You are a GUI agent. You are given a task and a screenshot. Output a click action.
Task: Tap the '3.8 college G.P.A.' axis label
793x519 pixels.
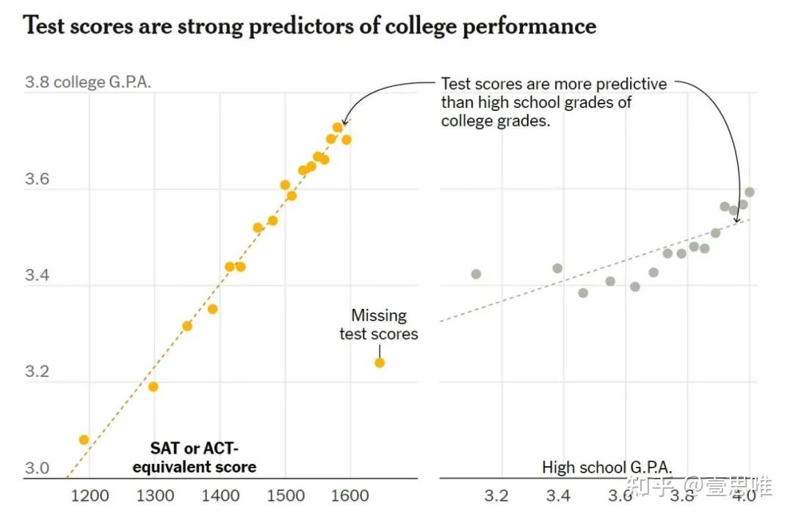(x=88, y=82)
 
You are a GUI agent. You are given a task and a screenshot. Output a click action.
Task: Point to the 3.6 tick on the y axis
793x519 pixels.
(x=37, y=179)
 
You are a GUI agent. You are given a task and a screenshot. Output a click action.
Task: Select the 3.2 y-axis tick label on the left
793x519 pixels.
(x=37, y=372)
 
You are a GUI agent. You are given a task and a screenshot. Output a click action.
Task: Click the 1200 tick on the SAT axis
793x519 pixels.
(x=90, y=495)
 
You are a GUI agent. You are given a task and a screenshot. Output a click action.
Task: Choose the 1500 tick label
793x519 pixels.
(x=285, y=495)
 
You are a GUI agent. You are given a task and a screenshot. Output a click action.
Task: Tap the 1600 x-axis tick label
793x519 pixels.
(x=350, y=495)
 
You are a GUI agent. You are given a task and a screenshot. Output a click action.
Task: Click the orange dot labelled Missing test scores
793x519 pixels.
(x=380, y=362)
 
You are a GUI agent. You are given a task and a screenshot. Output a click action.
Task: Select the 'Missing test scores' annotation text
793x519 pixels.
(x=379, y=325)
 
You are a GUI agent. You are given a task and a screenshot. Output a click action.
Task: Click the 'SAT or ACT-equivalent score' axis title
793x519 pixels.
(x=194, y=458)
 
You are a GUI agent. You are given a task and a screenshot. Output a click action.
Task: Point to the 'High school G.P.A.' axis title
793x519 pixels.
(x=607, y=467)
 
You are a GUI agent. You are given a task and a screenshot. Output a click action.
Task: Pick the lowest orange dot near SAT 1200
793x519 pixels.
(x=84, y=440)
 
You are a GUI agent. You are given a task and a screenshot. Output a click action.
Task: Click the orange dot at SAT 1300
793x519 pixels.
(x=153, y=387)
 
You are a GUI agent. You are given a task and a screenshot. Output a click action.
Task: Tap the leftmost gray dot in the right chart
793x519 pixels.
(x=476, y=274)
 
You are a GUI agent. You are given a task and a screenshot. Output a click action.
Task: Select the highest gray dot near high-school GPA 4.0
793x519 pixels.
(x=750, y=192)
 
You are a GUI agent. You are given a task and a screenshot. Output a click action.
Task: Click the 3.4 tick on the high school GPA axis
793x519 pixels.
(x=558, y=495)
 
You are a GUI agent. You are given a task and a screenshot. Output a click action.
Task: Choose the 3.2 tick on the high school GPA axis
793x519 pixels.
(x=496, y=495)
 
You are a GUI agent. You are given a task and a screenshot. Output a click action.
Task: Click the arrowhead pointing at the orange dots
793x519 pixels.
(x=344, y=122)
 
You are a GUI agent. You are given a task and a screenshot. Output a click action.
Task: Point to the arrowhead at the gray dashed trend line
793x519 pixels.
(x=737, y=219)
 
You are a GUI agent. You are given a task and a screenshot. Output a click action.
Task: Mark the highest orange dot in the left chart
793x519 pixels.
(x=337, y=128)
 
